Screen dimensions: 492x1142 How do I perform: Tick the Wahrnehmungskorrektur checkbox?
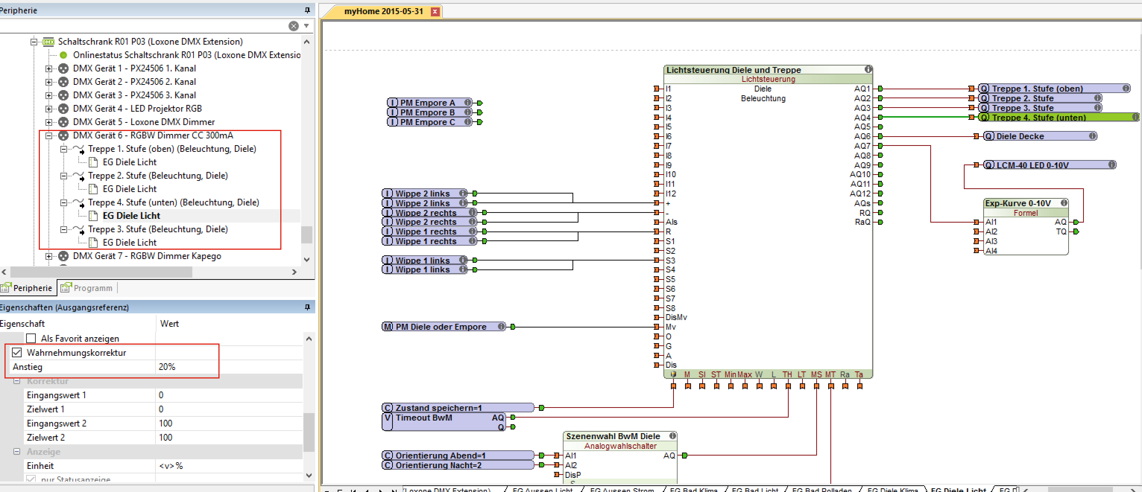click(x=17, y=352)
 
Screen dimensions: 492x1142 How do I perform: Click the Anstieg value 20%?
click(x=167, y=367)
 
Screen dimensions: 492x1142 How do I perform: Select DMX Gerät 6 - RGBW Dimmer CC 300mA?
click(x=152, y=135)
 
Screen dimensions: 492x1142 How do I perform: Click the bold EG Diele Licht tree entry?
click(x=131, y=215)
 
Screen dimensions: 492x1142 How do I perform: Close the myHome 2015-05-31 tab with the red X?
click(x=435, y=12)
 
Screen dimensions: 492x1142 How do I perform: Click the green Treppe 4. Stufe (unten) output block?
click(x=1038, y=117)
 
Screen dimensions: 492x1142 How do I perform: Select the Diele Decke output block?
click(x=1020, y=136)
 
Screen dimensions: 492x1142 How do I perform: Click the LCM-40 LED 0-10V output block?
click(x=1032, y=165)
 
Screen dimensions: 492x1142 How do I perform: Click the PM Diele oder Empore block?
click(x=441, y=327)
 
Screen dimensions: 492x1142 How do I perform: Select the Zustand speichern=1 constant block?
click(x=438, y=408)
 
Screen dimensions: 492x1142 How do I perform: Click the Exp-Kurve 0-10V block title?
click(x=1018, y=203)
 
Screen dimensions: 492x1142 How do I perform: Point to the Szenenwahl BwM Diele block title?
click(x=613, y=436)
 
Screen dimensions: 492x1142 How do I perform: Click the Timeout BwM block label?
click(x=423, y=418)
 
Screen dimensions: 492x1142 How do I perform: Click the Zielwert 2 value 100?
click(x=166, y=438)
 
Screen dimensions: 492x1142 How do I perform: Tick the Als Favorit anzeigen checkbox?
click(x=31, y=338)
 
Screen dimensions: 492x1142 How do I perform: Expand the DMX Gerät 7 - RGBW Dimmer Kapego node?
click(x=49, y=256)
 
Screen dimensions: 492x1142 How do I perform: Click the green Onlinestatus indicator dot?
click(x=63, y=55)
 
